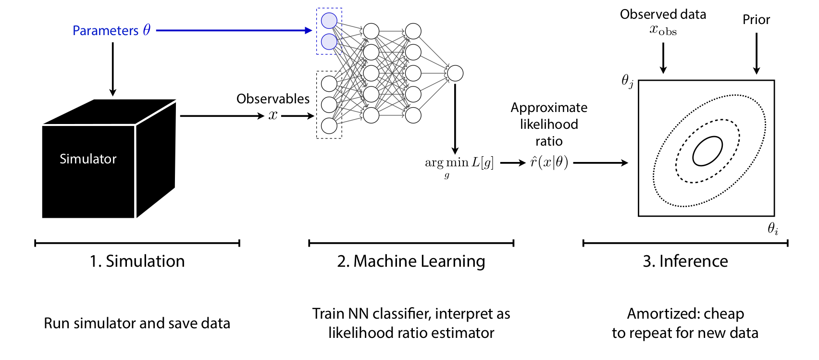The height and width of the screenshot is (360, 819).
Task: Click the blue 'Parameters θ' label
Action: point(112,30)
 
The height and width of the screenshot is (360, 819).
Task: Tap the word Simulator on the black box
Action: point(88,159)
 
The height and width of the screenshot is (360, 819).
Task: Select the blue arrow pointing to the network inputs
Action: point(234,30)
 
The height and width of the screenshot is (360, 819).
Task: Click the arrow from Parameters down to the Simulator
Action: point(112,69)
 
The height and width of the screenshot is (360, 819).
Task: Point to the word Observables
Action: point(273,99)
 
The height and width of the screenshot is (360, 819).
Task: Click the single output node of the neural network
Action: point(455,73)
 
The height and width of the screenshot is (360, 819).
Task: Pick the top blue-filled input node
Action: point(329,21)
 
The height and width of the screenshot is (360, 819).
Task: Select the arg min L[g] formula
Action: point(459,166)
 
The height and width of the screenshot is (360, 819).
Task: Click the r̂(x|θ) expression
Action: point(549,162)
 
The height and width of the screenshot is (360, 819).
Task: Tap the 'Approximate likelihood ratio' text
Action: point(549,124)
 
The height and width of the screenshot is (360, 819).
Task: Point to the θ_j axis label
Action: point(627,81)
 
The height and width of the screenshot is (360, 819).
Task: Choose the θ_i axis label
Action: point(772,228)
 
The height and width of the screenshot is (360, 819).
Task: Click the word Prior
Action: point(756,19)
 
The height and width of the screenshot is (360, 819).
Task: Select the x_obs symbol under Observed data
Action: point(663,30)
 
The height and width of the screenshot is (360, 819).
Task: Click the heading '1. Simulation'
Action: point(137,261)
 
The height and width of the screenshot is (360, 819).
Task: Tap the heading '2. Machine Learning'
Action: point(411,261)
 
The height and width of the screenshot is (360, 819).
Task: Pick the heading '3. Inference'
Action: point(685,261)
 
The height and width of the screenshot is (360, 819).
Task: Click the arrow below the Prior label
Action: point(757,53)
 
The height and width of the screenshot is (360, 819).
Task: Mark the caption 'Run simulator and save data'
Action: point(137,323)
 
